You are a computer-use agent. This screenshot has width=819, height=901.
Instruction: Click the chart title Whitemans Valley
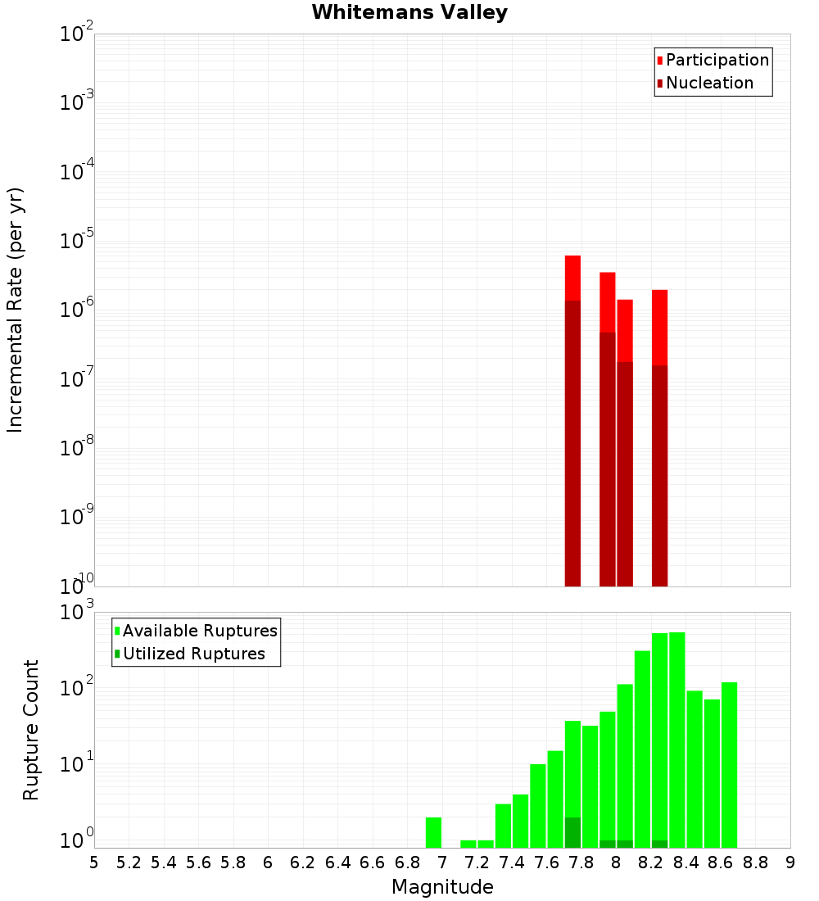pos(409,12)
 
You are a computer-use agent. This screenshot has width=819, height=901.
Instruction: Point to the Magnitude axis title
pos(442,887)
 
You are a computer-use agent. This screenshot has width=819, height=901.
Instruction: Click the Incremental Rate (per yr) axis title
pos(16,310)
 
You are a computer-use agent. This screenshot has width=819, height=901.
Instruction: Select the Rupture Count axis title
pos(31,730)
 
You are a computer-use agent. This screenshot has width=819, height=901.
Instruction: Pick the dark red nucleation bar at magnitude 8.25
pos(660,475)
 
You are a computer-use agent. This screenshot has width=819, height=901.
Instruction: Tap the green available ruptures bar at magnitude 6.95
pos(434,832)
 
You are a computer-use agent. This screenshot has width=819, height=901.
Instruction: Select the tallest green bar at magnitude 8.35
pos(677,737)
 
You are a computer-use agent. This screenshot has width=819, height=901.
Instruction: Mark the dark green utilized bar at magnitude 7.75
pos(573,832)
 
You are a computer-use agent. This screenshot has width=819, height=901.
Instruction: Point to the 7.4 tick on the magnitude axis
pos(512,862)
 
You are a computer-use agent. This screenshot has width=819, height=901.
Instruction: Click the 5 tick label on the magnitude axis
pos(94,862)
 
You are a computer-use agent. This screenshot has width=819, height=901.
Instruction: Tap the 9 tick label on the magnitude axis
pos(790,862)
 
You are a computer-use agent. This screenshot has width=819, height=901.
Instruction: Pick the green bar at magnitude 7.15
pos(468,844)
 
